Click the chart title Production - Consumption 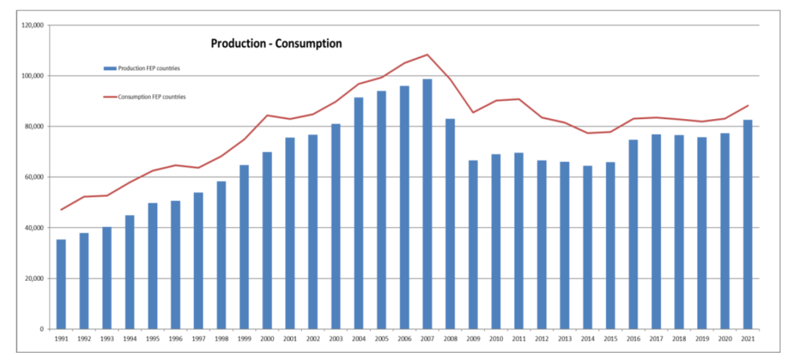tap(276, 44)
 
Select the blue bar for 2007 tap(427, 203)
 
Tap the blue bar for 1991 tap(61, 284)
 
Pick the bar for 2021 tap(748, 224)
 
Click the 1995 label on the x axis tap(153, 339)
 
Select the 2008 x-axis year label tap(450, 339)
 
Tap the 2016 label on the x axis tap(633, 339)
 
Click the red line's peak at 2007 tap(427, 55)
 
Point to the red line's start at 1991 tap(61, 210)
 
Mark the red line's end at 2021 tap(748, 106)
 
